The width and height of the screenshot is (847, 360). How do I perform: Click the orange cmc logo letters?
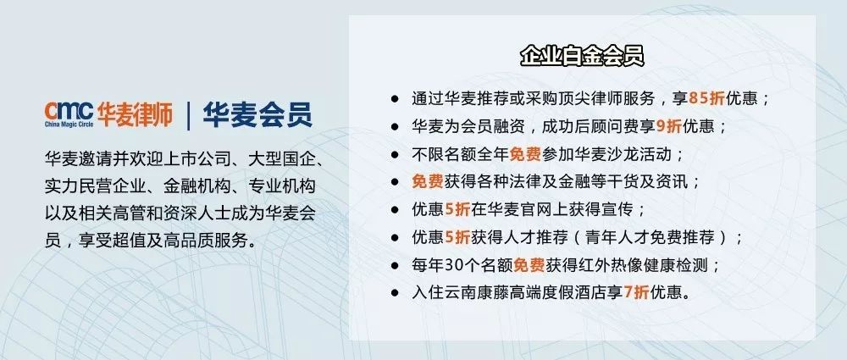69,111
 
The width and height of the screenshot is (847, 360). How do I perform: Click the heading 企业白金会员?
582,57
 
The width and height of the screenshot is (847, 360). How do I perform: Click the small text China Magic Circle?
70,125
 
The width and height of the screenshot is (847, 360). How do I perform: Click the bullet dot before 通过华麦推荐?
395,98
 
